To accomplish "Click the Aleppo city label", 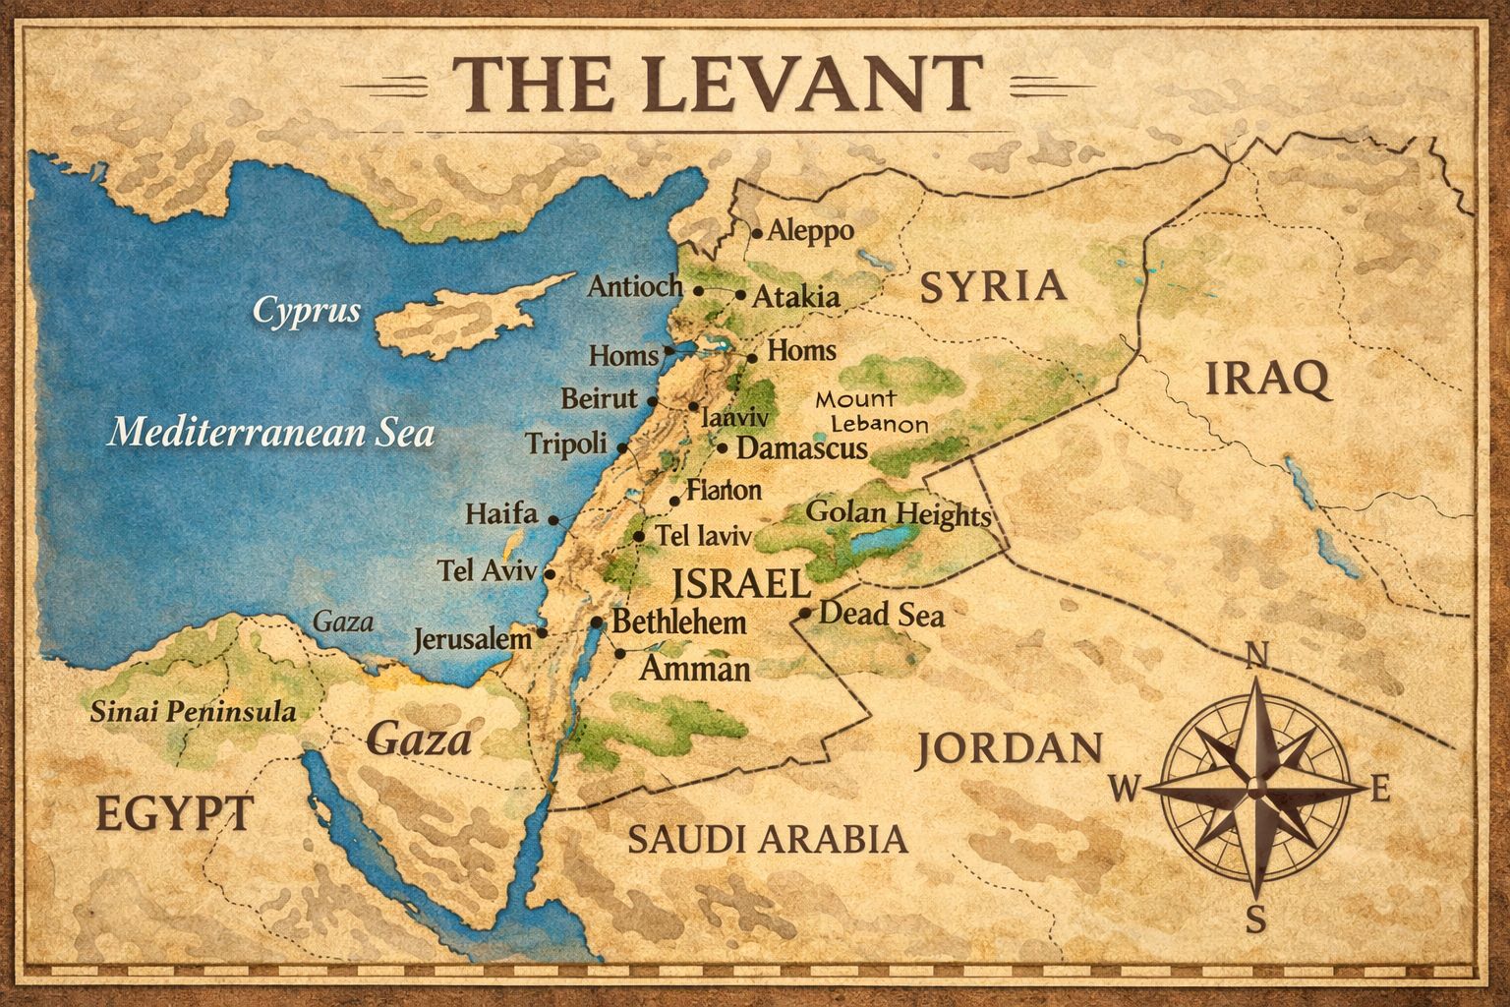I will pos(810,231).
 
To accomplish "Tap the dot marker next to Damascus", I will pos(723,448).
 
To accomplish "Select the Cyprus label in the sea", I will pos(307,311).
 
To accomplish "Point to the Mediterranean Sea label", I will pos(270,432).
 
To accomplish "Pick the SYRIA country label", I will pos(993,285).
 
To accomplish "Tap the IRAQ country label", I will pos(1267,378).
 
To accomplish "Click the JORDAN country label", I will pos(1010,749).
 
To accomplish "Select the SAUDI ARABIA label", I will pos(767,839).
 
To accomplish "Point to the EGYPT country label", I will pos(175,813).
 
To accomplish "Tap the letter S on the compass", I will pos(1255,920).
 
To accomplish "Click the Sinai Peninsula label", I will pos(193,712).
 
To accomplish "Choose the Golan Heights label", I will pos(898,513).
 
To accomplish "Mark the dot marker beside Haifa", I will pos(553,519).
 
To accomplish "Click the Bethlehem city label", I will pos(678,622).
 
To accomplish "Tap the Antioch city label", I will pos(635,286).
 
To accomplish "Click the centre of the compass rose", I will pos(1255,788).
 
